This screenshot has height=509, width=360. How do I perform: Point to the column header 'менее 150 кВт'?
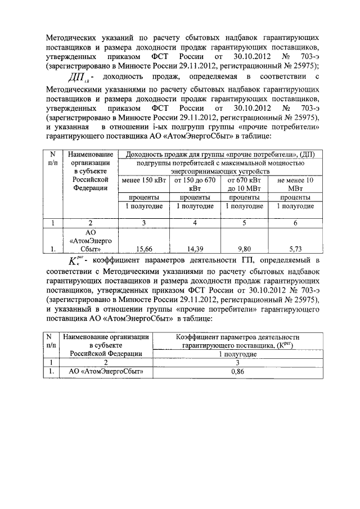(x=143, y=180)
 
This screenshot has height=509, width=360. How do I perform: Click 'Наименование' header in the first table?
(x=90, y=154)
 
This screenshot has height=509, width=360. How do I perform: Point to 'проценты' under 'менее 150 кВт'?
(x=143, y=197)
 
